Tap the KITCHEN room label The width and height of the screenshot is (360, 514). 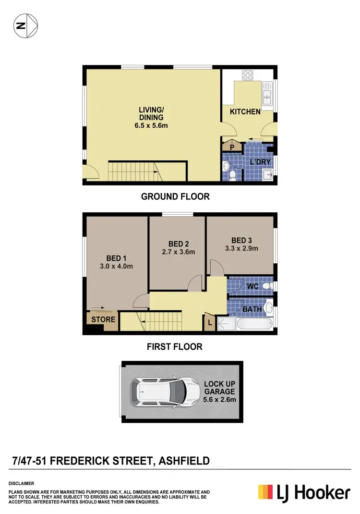click(x=245, y=112)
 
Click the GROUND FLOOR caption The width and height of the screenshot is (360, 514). click(x=175, y=196)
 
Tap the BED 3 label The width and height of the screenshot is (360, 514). click(x=241, y=240)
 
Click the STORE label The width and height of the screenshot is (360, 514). click(x=103, y=319)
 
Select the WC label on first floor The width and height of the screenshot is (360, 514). click(x=252, y=286)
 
